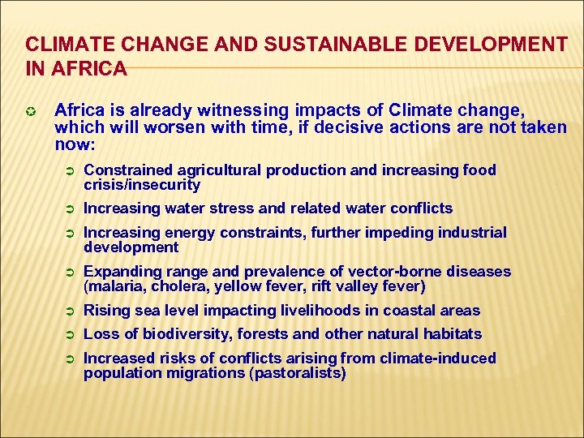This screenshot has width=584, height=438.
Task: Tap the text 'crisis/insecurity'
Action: (142, 185)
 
